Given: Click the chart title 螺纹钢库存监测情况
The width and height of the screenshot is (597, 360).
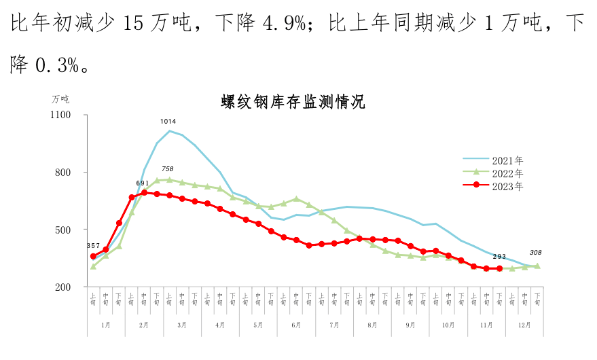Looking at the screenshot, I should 293,103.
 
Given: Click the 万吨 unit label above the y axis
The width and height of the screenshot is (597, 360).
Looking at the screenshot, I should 61,99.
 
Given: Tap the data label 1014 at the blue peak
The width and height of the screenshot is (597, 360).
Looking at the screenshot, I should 168,122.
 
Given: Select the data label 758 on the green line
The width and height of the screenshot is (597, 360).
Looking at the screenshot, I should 168,169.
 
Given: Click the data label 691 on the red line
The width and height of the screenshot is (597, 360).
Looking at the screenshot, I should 143,183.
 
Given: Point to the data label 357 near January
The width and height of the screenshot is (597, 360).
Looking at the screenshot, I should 94,245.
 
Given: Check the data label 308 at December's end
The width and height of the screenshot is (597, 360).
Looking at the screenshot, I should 535,253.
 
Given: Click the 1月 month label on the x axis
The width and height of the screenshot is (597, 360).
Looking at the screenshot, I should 106,325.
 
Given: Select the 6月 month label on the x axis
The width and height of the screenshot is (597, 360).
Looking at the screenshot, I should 296,325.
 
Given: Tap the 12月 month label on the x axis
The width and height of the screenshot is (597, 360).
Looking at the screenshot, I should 525,325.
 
